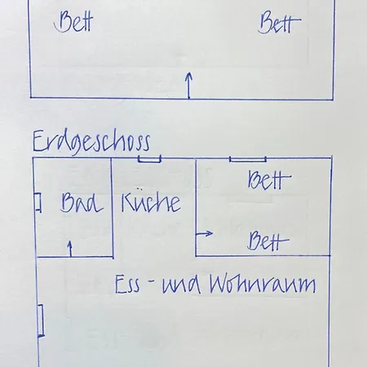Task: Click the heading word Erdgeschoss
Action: pos(91,143)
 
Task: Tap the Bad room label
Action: pos(82,202)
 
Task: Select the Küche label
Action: pos(151,201)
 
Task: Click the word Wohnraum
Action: pos(263,284)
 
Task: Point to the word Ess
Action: pos(127,285)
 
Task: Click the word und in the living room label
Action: pos(182,285)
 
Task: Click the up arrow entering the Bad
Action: pos(70,249)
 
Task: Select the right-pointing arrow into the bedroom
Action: pos(204,233)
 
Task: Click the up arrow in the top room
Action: pos(189,85)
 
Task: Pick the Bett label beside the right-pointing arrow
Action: pos(268,241)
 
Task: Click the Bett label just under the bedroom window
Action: pos(269,179)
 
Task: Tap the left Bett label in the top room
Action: pos(73,21)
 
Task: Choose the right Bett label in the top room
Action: pos(280,22)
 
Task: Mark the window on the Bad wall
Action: pos(38,202)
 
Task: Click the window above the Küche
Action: pos(149,159)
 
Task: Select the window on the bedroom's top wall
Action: pos(248,159)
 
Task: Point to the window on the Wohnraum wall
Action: pos(41,321)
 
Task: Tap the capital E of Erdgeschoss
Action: pos(38,141)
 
